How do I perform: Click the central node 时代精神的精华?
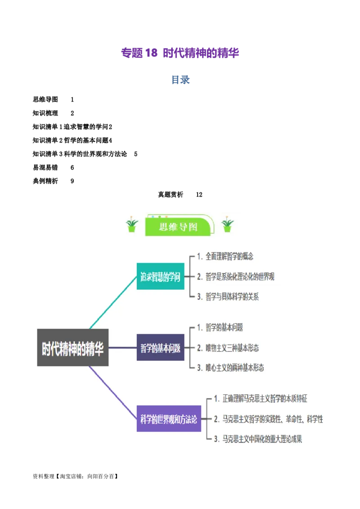pos(72,348)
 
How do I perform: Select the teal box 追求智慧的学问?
pos(160,277)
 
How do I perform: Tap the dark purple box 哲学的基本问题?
pos(160,348)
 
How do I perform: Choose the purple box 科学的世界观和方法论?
pos(169,419)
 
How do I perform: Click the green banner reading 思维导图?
pos(178,227)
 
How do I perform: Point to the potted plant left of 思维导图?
pos(132,225)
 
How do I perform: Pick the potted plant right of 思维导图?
pos(228,225)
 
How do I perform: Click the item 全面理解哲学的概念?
pos(229,257)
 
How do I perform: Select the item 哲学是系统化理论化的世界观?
pos(240,277)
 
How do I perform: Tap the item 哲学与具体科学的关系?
pos(232,297)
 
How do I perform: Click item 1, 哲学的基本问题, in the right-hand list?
pos(224,328)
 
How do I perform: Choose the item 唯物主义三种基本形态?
pos(232,348)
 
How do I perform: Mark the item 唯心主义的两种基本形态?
pos(234,368)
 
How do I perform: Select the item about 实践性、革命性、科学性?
pos(272,419)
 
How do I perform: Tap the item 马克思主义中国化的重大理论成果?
pos(262,439)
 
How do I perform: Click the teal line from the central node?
pos(113,302)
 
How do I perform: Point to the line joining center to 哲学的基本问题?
pos(122,348)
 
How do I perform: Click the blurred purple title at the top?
pos(180,53)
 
